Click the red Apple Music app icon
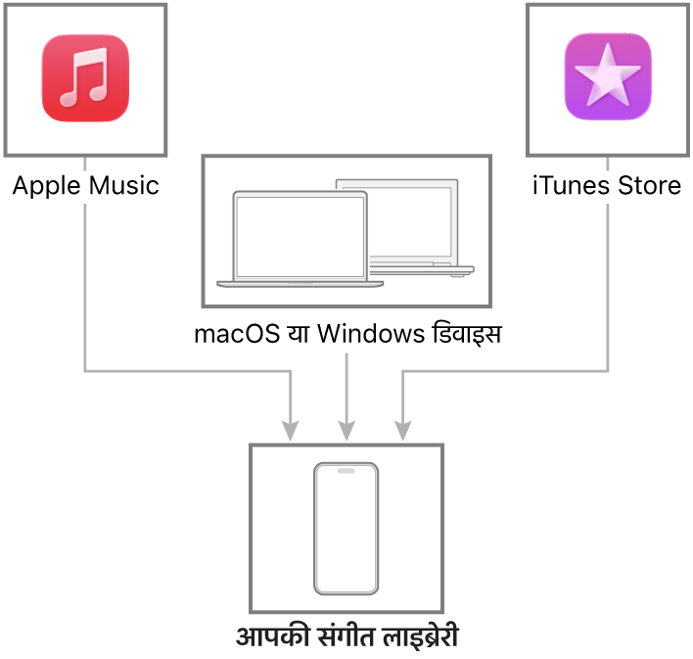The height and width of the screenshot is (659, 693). pyautogui.click(x=85, y=78)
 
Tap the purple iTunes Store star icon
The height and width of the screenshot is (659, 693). pyautogui.click(x=608, y=77)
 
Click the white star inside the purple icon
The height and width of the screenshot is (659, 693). pyautogui.click(x=608, y=75)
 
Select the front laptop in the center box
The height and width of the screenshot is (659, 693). pyautogui.click(x=300, y=239)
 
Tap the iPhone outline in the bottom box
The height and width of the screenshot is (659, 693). pyautogui.click(x=346, y=529)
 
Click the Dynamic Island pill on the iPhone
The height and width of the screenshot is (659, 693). pyautogui.click(x=346, y=471)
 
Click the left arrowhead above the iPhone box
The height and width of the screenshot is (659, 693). pyautogui.click(x=290, y=430)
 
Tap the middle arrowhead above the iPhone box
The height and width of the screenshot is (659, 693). pyautogui.click(x=346, y=430)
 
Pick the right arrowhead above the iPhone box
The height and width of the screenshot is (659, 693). pyautogui.click(x=402, y=430)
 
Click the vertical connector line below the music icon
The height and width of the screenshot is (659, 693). pyautogui.click(x=85, y=284)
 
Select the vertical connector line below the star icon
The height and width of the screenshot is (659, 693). pyautogui.click(x=608, y=284)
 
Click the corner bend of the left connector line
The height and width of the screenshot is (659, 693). pyautogui.click(x=85, y=370)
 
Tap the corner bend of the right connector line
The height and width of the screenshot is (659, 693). pyautogui.click(x=608, y=370)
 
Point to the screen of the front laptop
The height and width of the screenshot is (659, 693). pyautogui.click(x=300, y=235)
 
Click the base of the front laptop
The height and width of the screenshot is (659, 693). pyautogui.click(x=300, y=284)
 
